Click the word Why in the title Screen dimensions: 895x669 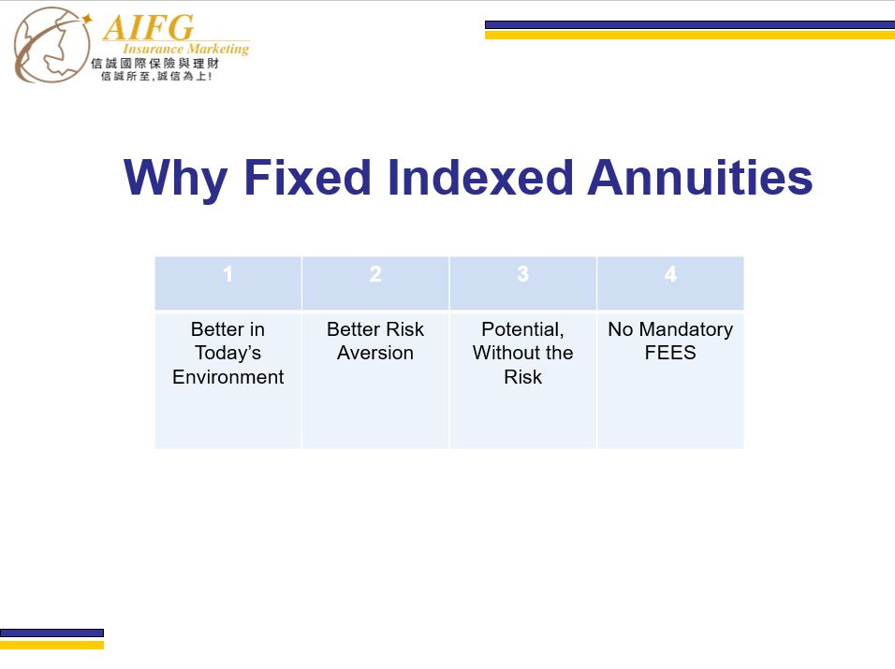[x=176, y=179]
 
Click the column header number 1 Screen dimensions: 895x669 [x=227, y=274]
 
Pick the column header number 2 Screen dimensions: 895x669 [x=375, y=274]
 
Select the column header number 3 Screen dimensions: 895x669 [x=522, y=274]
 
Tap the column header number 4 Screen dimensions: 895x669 [x=670, y=274]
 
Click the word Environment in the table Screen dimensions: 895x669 [x=228, y=377]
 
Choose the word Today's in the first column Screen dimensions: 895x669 [x=227, y=353]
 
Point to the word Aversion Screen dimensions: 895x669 [x=375, y=353]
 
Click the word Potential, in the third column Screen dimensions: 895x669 [x=522, y=329]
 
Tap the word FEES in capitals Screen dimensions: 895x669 [x=670, y=353]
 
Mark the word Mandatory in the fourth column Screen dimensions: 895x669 [x=686, y=329]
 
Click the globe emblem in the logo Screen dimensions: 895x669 [x=51, y=45]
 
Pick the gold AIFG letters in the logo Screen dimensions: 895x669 [x=149, y=27]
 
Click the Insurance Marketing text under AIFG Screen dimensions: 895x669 [x=186, y=49]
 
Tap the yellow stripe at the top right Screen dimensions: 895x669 [x=690, y=35]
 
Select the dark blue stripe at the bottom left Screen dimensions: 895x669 [x=51, y=633]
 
